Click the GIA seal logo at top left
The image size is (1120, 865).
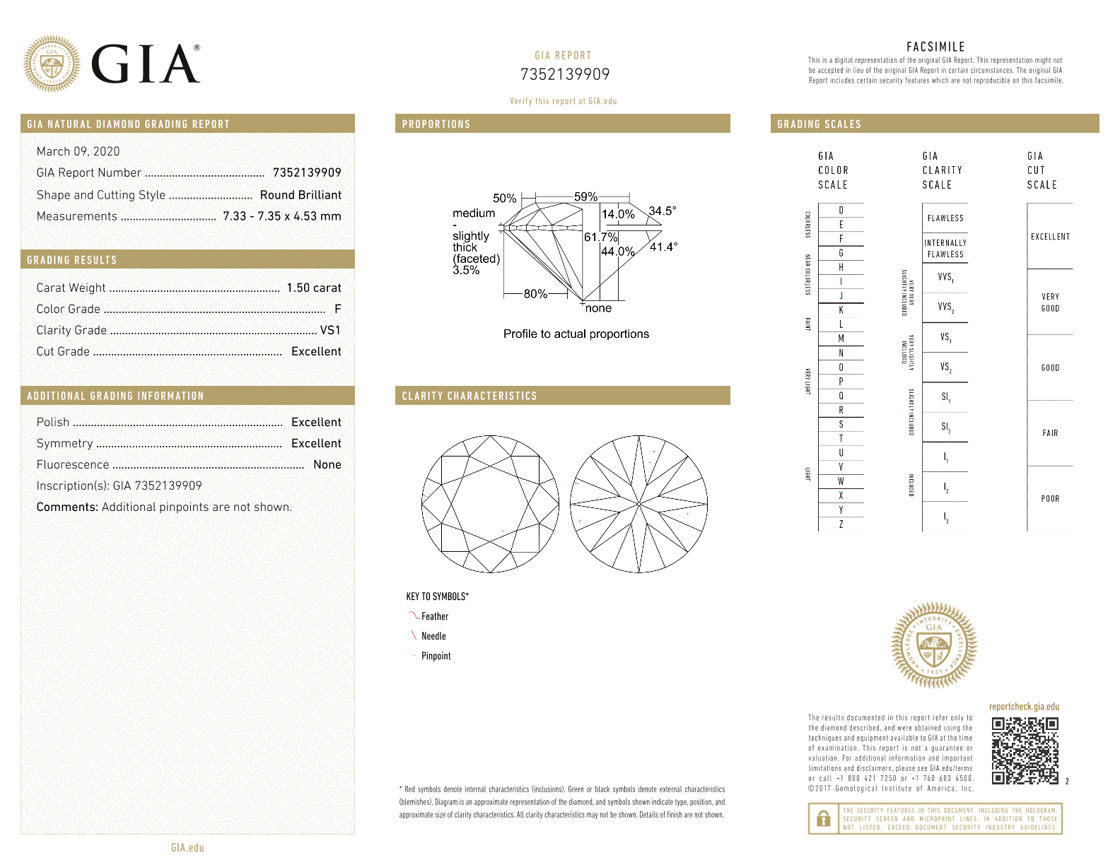[52, 64]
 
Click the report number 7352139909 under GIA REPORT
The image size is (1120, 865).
[564, 74]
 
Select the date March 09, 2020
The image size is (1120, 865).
[78, 151]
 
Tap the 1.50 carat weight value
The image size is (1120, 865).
[313, 288]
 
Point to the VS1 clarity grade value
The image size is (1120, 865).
[330, 330]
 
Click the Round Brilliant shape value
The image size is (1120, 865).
[301, 195]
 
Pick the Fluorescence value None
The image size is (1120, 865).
[327, 464]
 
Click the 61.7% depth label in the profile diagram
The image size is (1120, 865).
[600, 237]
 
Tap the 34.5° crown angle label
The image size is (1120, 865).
[662, 211]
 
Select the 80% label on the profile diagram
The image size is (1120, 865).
[535, 293]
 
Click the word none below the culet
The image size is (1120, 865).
[598, 308]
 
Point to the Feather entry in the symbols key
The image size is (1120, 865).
[434, 616]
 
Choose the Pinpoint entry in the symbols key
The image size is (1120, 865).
[436, 656]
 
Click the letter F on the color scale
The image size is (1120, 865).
[841, 239]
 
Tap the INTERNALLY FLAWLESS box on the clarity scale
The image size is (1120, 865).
[945, 248]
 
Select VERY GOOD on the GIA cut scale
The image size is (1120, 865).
[1050, 302]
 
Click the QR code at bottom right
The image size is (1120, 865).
[1025, 751]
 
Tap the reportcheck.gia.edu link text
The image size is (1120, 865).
[1024, 707]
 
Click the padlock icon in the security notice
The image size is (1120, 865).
[823, 819]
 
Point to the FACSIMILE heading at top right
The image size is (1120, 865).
[935, 47]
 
